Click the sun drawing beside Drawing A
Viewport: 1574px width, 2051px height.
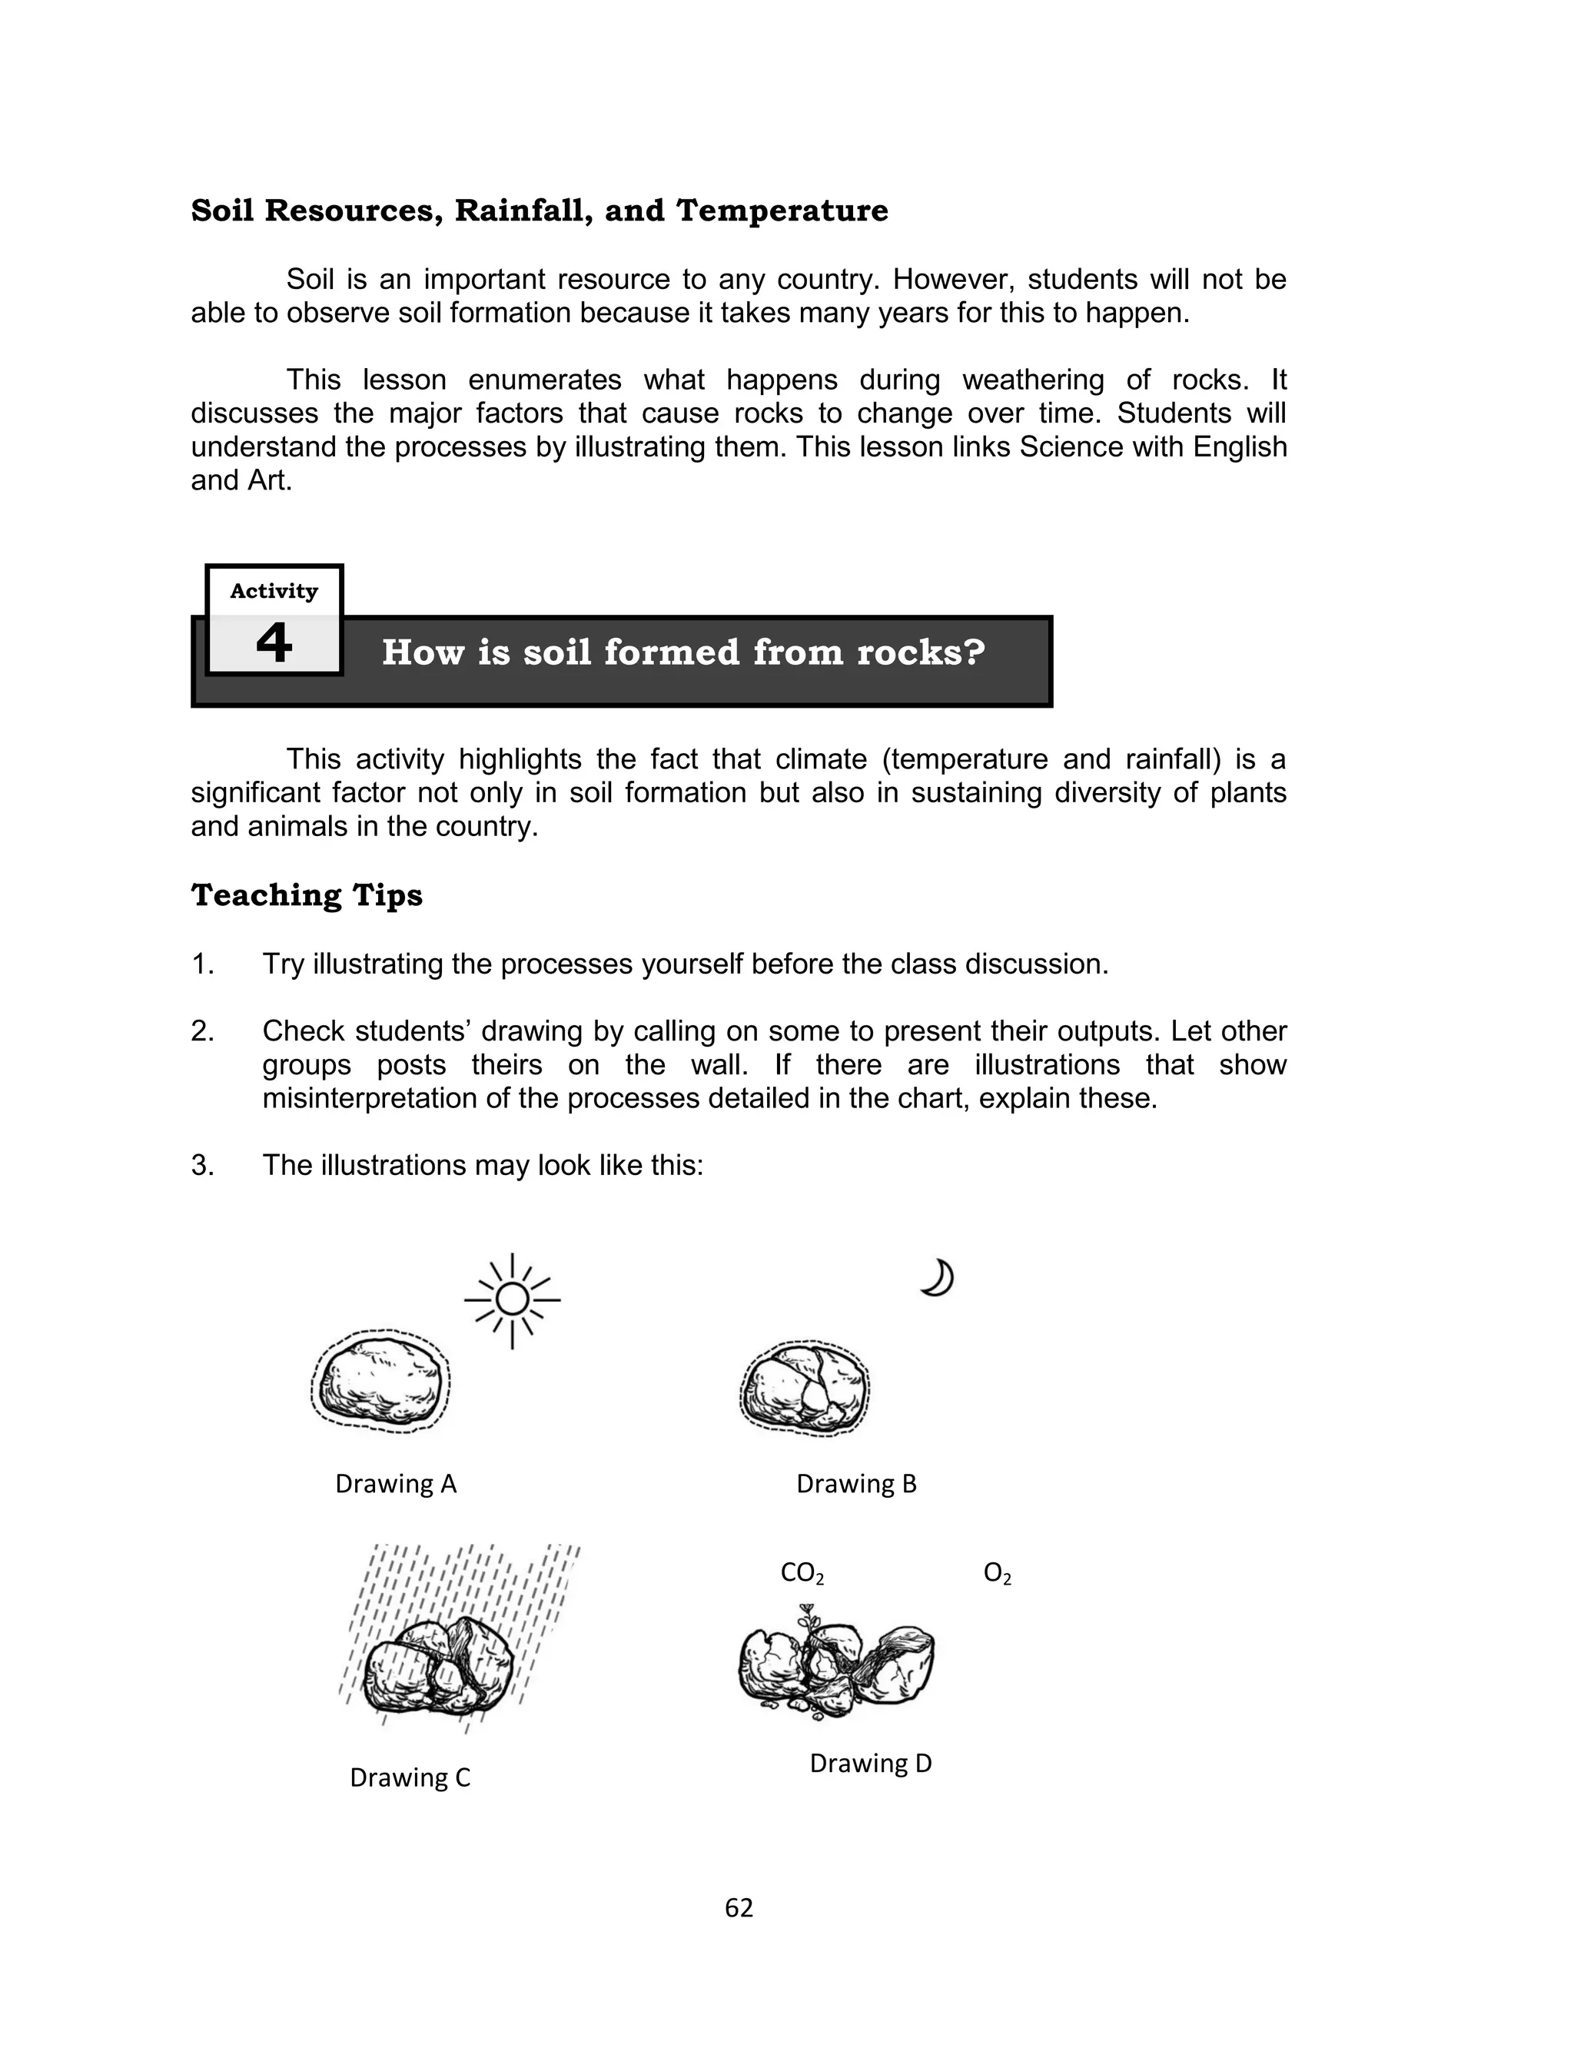[512, 1300]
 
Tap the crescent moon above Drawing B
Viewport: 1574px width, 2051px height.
[937, 1279]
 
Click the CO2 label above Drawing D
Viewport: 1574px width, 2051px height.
[802, 1573]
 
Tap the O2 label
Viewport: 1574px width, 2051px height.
[997, 1573]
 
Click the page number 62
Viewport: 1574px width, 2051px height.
[739, 1908]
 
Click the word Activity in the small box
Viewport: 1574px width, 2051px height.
[274, 591]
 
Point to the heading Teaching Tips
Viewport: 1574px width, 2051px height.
[307, 895]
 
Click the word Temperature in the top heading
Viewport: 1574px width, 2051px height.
[782, 211]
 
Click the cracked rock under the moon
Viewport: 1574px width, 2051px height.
[804, 1387]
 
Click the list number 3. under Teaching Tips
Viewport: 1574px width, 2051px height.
[202, 1165]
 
